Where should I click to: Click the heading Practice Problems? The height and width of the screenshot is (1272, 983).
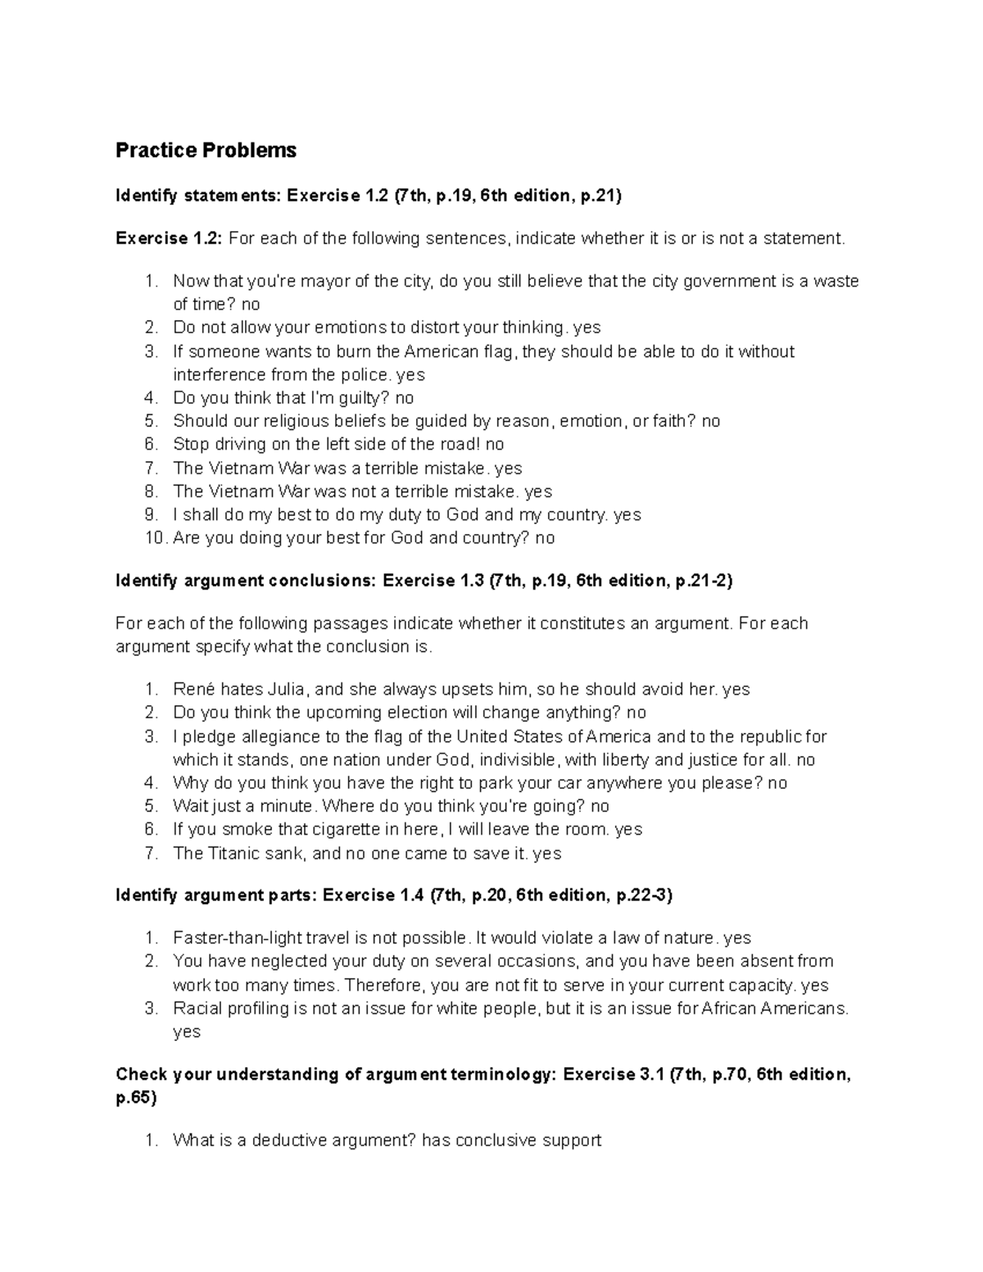[x=206, y=151]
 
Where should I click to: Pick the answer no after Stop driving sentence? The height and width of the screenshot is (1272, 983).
[x=495, y=445]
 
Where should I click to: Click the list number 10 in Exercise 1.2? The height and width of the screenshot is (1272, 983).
[x=154, y=538]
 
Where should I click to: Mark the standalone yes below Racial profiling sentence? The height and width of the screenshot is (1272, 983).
[x=187, y=1032]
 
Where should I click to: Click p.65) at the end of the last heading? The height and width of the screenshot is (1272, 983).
[x=136, y=1098]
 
